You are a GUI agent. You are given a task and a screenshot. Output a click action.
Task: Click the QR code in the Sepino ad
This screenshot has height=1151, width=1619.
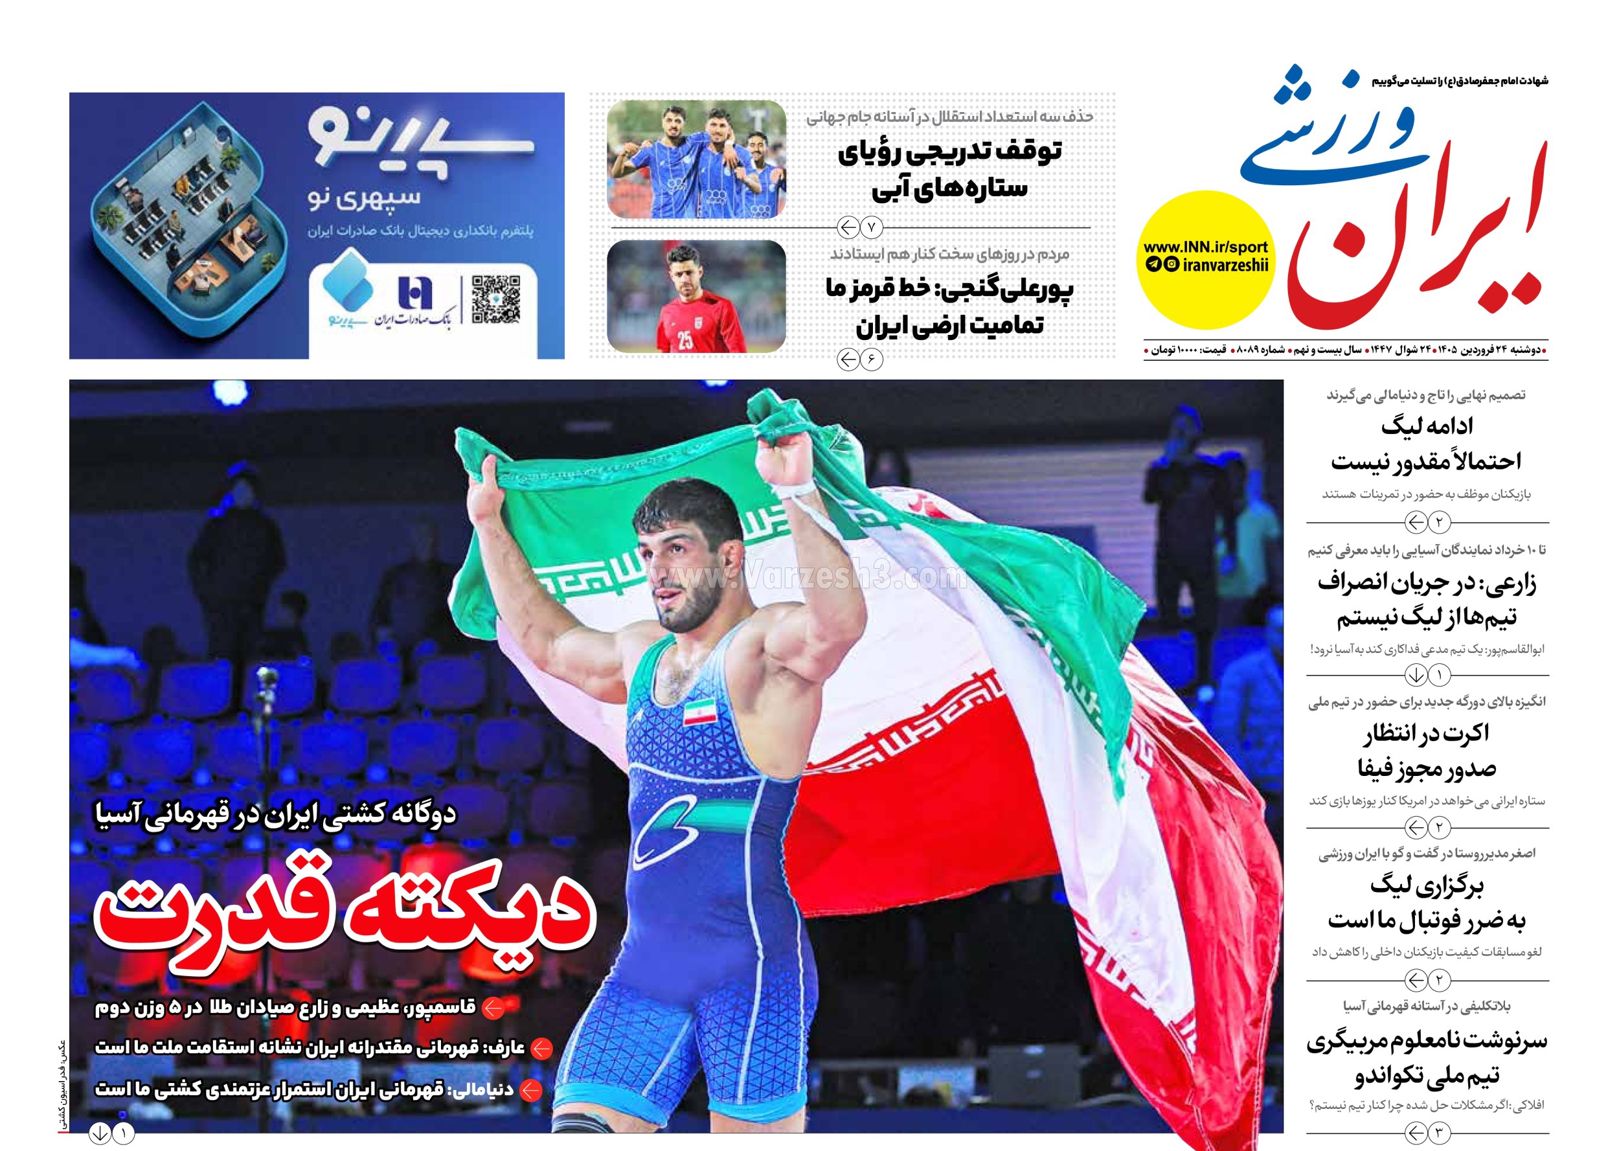pyautogui.click(x=496, y=299)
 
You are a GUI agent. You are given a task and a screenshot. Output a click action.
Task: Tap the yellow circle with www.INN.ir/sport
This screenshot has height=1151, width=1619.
pyautogui.click(x=1205, y=259)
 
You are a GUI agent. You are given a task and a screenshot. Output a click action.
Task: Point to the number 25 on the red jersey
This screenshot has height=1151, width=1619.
pyautogui.click(x=685, y=340)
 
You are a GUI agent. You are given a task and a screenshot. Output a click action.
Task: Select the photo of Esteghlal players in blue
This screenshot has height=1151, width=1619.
pyautogui.click(x=696, y=159)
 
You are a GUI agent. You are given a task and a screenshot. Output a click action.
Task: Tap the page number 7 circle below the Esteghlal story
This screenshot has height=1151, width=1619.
pyautogui.click(x=872, y=228)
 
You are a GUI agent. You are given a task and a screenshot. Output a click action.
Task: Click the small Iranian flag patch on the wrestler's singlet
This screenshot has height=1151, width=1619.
pyautogui.click(x=699, y=712)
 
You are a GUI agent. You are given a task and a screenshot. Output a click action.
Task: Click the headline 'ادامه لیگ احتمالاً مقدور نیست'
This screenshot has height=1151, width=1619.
pyautogui.click(x=1426, y=444)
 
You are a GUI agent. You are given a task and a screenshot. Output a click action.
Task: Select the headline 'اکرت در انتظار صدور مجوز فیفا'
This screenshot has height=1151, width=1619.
pyautogui.click(x=1426, y=751)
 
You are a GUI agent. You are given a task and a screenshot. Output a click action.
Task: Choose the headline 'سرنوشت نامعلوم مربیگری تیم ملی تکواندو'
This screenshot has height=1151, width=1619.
pyautogui.click(x=1426, y=1058)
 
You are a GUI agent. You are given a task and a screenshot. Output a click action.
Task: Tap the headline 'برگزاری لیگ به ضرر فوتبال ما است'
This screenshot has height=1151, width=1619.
pyautogui.click(x=1426, y=903)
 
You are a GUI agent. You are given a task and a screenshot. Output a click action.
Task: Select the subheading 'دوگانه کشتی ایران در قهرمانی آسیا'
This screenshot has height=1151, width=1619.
pyautogui.click(x=276, y=814)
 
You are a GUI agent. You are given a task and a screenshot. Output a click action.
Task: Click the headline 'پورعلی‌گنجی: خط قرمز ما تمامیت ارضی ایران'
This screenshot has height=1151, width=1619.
pyautogui.click(x=949, y=307)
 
